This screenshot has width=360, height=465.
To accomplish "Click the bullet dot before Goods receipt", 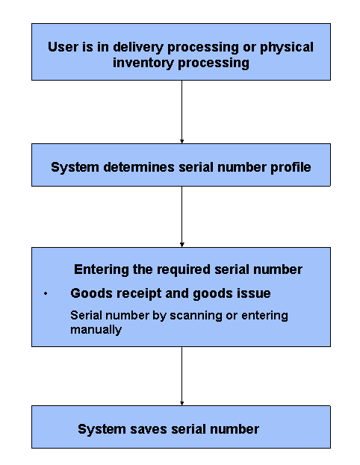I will click(46, 294).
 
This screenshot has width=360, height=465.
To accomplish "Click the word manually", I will click(96, 329).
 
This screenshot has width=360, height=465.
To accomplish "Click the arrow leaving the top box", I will click(181, 111).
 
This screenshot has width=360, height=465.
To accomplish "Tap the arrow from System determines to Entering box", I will click(181, 216).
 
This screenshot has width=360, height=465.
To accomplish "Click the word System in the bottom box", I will click(104, 429).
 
